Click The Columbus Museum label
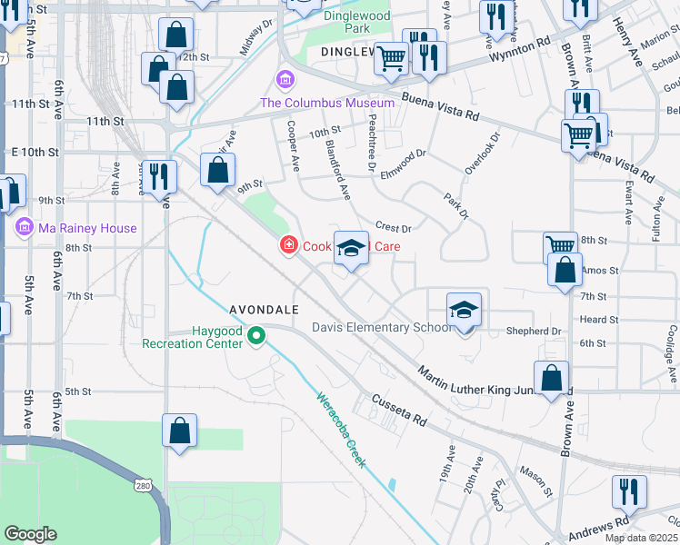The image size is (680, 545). click(327, 103)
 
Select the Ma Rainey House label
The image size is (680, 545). click(87, 228)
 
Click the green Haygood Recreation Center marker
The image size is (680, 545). click(257, 335)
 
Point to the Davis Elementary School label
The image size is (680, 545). click(381, 327)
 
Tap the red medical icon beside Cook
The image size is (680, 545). click(288, 245)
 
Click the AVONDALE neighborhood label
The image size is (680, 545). click(265, 309)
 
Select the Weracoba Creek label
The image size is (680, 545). click(341, 429)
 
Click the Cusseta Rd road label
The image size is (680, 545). click(399, 411)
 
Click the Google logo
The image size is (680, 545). click(30, 533)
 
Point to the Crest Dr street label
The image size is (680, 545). click(394, 227)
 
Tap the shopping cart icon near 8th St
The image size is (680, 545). click(560, 245)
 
